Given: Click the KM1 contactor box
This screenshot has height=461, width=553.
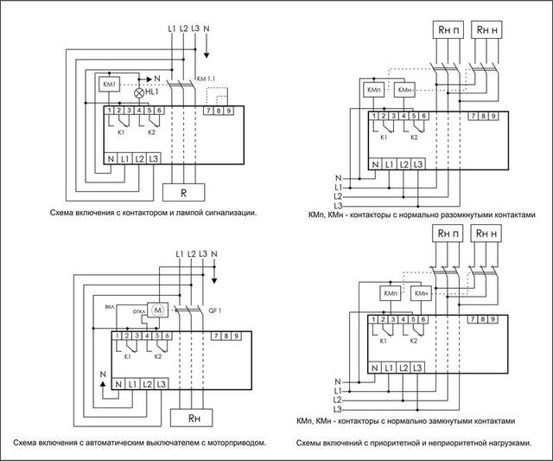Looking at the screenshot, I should (110, 84).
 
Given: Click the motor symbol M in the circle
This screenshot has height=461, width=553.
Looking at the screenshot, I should (157, 308).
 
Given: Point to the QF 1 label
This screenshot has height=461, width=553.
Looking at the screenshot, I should (217, 308).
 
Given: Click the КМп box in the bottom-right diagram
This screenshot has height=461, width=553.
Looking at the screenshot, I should (391, 294).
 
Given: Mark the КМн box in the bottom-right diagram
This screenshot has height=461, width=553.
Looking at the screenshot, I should (423, 294).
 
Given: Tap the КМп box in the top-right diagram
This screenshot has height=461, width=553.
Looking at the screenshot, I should (375, 90).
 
